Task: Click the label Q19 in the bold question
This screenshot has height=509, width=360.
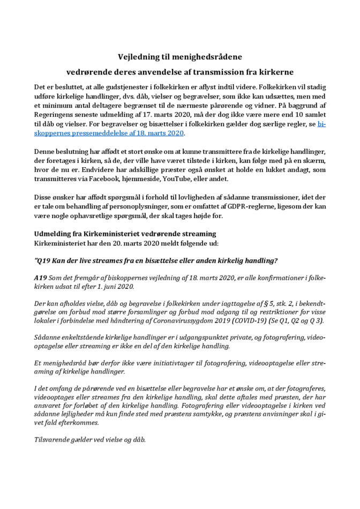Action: coord(47,261)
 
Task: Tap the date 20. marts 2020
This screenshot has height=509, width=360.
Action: coord(129,243)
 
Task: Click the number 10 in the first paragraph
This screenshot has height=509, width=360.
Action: coord(294,114)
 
